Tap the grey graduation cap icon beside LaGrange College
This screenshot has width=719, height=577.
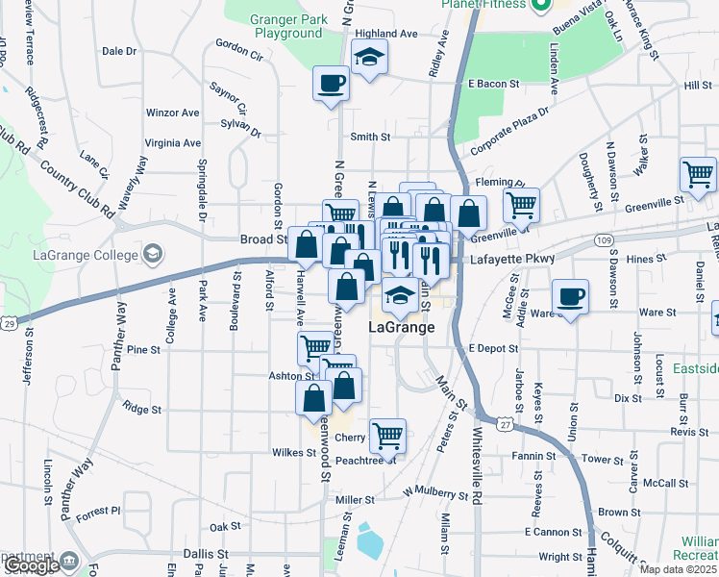pos(152,254)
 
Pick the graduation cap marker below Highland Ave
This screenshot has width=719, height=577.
pos(368,59)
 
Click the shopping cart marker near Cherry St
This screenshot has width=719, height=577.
pos(387,435)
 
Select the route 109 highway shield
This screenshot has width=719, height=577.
pos(603,238)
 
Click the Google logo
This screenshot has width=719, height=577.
pos(32,566)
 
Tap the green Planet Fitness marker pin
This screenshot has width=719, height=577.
pos(540,6)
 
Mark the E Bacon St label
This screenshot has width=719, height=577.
pos(494,85)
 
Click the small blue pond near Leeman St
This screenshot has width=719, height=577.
pos(368,542)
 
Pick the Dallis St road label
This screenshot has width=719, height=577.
pos(207,555)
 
